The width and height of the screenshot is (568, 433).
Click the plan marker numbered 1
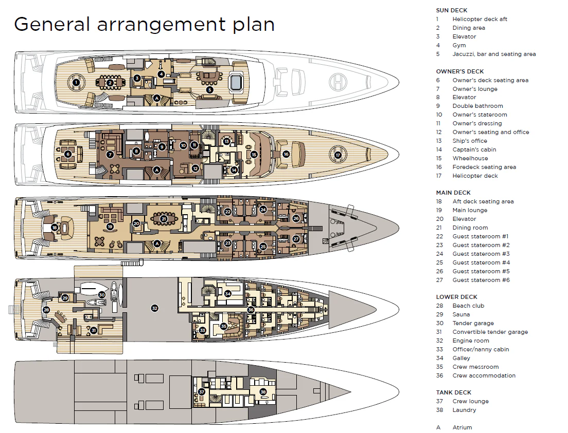[76, 82]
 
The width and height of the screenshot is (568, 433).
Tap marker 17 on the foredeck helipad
[338, 155]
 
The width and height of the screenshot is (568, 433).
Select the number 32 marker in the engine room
[154, 308]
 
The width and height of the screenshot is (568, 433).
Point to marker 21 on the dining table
[164, 219]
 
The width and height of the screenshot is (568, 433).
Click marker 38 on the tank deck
[263, 392]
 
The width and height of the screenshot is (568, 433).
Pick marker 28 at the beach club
[46, 310]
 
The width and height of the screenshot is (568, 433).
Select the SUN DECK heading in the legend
[451, 10]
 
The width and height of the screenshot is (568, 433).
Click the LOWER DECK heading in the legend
[456, 297]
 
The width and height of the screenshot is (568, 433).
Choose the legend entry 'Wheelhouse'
[470, 158]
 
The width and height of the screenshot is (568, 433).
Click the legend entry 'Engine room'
[471, 341]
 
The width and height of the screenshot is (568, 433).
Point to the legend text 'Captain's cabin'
[474, 149]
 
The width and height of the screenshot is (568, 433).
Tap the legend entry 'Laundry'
[464, 410]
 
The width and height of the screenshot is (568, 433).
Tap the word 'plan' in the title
[253, 24]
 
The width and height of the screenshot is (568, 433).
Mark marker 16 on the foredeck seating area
[286, 154]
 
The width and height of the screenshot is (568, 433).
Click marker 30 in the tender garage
[102, 295]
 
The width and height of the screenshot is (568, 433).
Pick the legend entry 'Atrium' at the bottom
[462, 427]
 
